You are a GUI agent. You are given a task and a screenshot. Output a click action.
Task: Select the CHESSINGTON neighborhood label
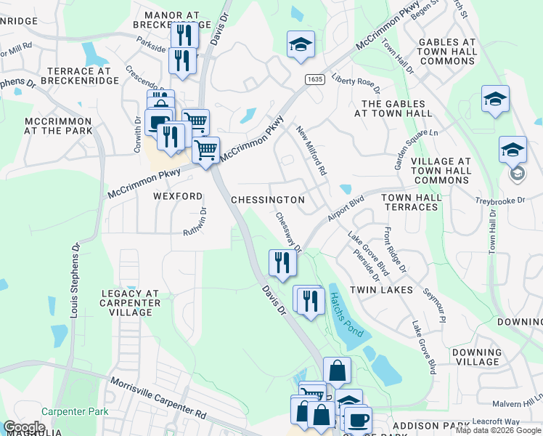pos(267,199)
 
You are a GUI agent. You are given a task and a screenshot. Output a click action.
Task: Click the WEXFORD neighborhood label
pos(177,196)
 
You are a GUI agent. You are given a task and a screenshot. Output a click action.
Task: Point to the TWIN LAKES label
pos(381,289)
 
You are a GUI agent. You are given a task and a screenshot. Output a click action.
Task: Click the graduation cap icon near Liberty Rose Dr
pos(301,45)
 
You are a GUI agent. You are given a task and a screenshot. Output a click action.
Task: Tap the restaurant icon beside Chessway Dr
pos(282,262)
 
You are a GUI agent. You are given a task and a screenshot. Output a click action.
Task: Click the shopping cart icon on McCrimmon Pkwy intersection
pos(206,150)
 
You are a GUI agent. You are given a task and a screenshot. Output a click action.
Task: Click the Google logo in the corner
pos(24,427)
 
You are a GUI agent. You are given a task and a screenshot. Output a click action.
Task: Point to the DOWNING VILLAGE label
pos(476,357)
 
